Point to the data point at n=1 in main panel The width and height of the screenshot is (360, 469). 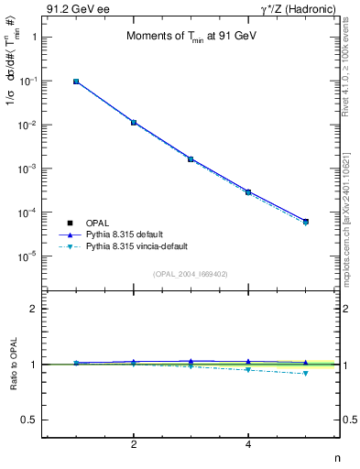tap(76, 82)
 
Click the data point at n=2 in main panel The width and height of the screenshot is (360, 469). tap(134, 122)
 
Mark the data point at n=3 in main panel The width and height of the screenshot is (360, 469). tap(191, 158)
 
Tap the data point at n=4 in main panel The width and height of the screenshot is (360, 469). tap(248, 192)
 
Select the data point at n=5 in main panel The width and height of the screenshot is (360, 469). tap(306, 222)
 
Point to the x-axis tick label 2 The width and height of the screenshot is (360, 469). tap(134, 444)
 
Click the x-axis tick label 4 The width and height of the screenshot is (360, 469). tap(248, 444)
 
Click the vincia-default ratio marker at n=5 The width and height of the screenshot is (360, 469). tap(306, 373)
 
